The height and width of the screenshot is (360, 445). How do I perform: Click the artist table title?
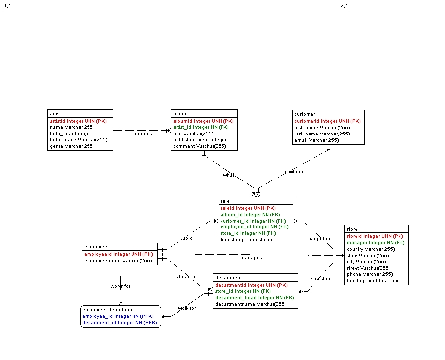[x=55, y=114]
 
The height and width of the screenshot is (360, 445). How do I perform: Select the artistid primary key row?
[x=78, y=121]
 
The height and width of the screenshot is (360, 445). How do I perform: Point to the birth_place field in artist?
[x=79, y=140]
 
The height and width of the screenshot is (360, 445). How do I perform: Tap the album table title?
[x=180, y=114]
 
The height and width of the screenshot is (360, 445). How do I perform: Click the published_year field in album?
[x=200, y=140]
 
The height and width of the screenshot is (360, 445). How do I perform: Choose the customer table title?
[x=305, y=114]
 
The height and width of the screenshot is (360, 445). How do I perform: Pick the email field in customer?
[x=316, y=140]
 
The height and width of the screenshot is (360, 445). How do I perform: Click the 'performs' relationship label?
[x=142, y=134]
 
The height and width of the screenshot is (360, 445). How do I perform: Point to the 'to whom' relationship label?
[x=293, y=172]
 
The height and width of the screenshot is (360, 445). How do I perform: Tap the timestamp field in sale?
[x=246, y=240]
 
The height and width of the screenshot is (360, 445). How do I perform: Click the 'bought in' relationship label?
[x=319, y=239]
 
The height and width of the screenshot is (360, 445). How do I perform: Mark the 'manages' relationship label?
[x=251, y=257]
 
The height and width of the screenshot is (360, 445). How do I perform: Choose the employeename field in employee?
[x=118, y=260]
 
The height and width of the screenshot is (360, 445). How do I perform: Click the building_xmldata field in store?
[x=373, y=280]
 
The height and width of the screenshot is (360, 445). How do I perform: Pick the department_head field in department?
[x=254, y=298]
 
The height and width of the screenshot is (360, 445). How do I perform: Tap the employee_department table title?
[x=109, y=310]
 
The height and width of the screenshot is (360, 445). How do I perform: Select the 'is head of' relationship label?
[x=185, y=277]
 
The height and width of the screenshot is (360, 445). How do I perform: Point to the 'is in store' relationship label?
[x=321, y=279]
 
